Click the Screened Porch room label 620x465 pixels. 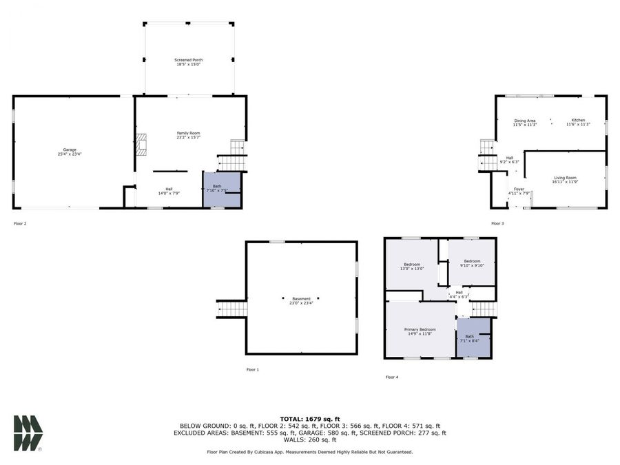point(188,61)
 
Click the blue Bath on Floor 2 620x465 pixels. point(221,189)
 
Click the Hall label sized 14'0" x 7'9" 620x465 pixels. point(169,192)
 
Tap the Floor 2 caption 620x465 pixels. point(20,224)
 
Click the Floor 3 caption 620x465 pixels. point(497,224)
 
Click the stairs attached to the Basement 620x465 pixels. point(232,309)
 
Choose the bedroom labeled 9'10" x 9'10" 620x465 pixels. point(472,262)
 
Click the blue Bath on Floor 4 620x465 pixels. point(473,338)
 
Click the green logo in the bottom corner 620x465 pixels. point(28,433)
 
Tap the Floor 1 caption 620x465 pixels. point(253,370)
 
